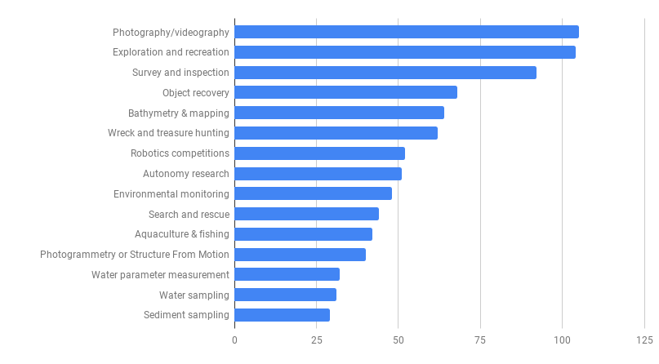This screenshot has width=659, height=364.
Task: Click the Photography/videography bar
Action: coord(407,32)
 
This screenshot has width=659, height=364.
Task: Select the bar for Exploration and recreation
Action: coord(405,52)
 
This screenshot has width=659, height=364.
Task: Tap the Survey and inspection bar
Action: coord(385,73)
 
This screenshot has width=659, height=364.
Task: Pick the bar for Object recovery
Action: coord(345,92)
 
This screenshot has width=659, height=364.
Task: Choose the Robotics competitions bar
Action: coord(319,153)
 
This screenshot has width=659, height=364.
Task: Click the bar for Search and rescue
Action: coord(306,214)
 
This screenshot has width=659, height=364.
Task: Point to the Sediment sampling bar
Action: coord(282,315)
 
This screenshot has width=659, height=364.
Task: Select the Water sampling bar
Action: coord(285,295)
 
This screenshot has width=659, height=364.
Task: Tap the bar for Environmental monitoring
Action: coord(313,193)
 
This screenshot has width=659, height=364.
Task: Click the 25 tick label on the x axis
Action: coord(316,340)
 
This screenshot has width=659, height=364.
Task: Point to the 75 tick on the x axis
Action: coord(480,340)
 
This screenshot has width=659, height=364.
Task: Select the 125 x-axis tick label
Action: coord(643,340)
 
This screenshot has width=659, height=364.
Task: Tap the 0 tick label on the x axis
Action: coord(234,340)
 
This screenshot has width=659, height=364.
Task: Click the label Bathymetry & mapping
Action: coord(179,113)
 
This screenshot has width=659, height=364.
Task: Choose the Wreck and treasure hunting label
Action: coord(168,133)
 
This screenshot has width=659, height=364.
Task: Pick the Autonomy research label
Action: coord(186,174)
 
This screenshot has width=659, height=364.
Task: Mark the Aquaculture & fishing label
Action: coord(182,234)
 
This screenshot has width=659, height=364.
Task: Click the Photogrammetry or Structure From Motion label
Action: coord(135,255)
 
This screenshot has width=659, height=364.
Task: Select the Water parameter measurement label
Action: coord(160,275)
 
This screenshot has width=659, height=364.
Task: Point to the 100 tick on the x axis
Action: coord(562,340)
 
